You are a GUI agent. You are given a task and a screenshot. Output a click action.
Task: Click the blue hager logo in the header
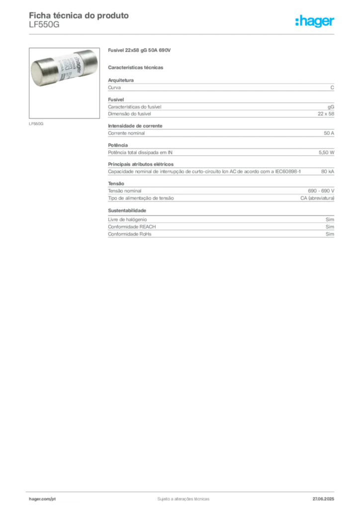(x=315, y=21)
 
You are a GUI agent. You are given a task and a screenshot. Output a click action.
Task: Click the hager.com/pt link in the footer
(x=42, y=498)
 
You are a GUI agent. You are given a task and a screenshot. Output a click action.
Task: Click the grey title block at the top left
(x=80, y=19)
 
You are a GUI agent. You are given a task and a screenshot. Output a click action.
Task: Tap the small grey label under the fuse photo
(x=36, y=122)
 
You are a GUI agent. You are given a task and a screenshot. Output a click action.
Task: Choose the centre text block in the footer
(x=181, y=498)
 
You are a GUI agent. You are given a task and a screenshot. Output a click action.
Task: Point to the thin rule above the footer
(x=183, y=489)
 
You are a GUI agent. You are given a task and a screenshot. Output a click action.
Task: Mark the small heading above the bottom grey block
(x=127, y=211)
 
